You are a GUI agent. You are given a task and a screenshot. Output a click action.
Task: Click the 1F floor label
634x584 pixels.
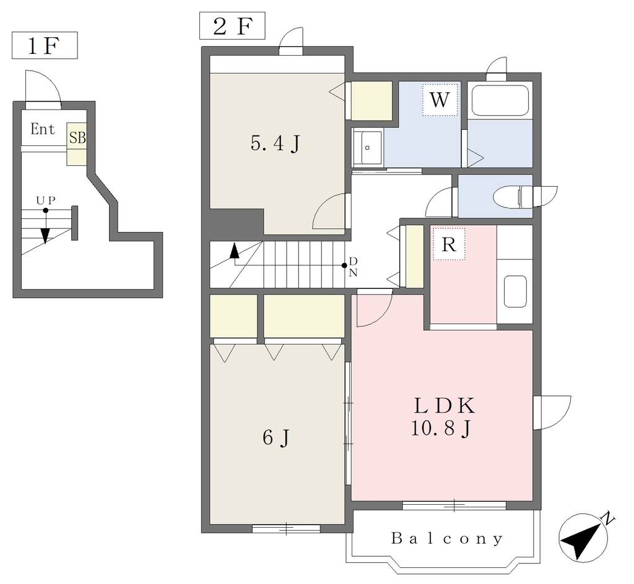pyautogui.click(x=44, y=46)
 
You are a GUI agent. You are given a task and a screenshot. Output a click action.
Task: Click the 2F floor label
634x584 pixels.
pyautogui.click(x=232, y=26)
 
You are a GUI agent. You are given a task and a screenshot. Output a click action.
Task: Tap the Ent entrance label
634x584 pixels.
pyautogui.click(x=43, y=129)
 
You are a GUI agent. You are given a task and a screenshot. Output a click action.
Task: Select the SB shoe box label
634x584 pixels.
pyautogui.click(x=77, y=138)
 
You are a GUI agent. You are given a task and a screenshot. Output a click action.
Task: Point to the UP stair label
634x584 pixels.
pyautogui.click(x=46, y=200)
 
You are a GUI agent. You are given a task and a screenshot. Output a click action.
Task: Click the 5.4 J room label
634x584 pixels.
pyautogui.click(x=276, y=144)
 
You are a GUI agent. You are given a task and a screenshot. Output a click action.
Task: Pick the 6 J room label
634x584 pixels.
pyautogui.click(x=276, y=437)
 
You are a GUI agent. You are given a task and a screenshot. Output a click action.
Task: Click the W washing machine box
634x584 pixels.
pyautogui.click(x=440, y=100)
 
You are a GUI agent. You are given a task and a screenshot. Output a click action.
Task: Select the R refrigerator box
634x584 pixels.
pyautogui.click(x=449, y=244)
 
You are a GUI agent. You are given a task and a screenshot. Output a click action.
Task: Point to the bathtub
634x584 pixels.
pyautogui.click(x=500, y=100)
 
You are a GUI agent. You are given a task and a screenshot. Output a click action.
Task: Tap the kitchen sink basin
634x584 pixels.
pyautogui.click(x=515, y=291)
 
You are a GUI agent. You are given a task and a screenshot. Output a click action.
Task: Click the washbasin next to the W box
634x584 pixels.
pyautogui.click(x=367, y=147)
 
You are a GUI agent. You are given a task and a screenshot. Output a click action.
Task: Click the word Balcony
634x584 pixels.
pyautogui.click(x=447, y=538)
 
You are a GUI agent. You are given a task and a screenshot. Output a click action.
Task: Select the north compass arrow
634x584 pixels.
pyautogui.click(x=582, y=538)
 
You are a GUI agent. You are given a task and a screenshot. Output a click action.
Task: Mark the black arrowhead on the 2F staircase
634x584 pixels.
pyautogui.click(x=234, y=251)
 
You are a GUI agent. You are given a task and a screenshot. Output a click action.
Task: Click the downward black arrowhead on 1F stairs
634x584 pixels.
pyautogui.click(x=45, y=236)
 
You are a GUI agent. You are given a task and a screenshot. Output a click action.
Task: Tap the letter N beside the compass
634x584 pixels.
pyautogui.click(x=608, y=518)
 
